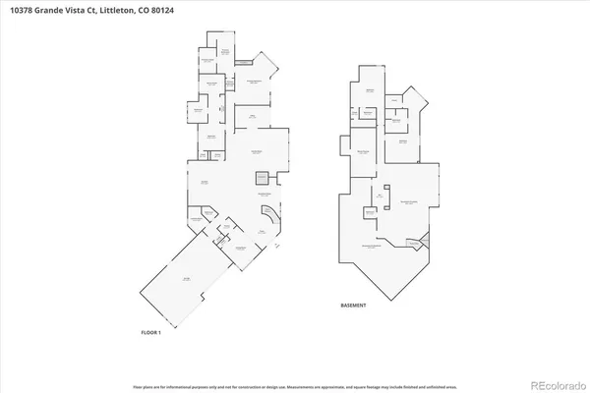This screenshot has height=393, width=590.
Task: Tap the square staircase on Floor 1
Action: pyautogui.click(x=262, y=177)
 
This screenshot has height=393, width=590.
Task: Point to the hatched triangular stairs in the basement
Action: pyautogui.click(x=425, y=242)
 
